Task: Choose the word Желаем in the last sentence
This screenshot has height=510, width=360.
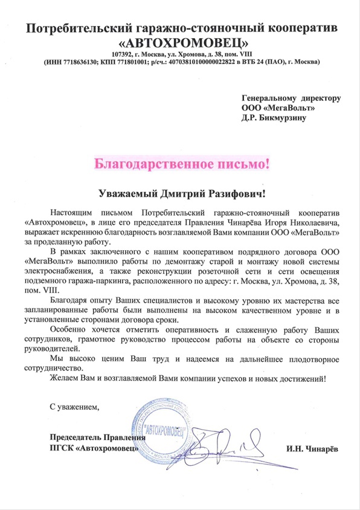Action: pos(65,378)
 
